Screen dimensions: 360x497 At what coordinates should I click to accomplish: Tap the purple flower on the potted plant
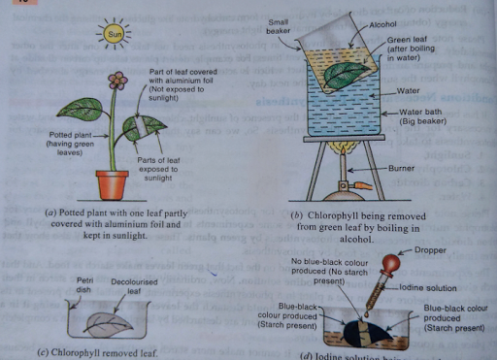pos(118,80)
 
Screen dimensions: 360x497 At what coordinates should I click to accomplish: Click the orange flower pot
pos(113,183)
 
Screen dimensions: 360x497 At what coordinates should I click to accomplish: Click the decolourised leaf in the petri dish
pos(108,319)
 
